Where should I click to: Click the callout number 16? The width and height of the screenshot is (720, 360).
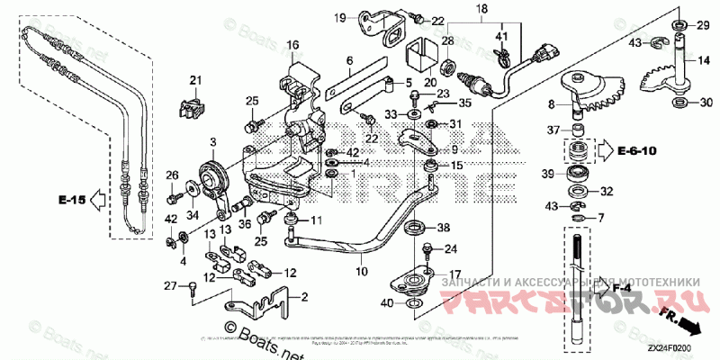292,44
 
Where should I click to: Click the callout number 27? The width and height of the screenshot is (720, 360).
168,286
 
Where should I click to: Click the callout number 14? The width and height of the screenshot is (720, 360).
693,62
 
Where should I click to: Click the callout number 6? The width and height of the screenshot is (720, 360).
349,61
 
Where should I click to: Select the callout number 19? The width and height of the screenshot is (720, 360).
341,17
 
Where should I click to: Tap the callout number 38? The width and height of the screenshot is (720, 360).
444,229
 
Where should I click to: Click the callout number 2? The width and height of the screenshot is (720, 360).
303,296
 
